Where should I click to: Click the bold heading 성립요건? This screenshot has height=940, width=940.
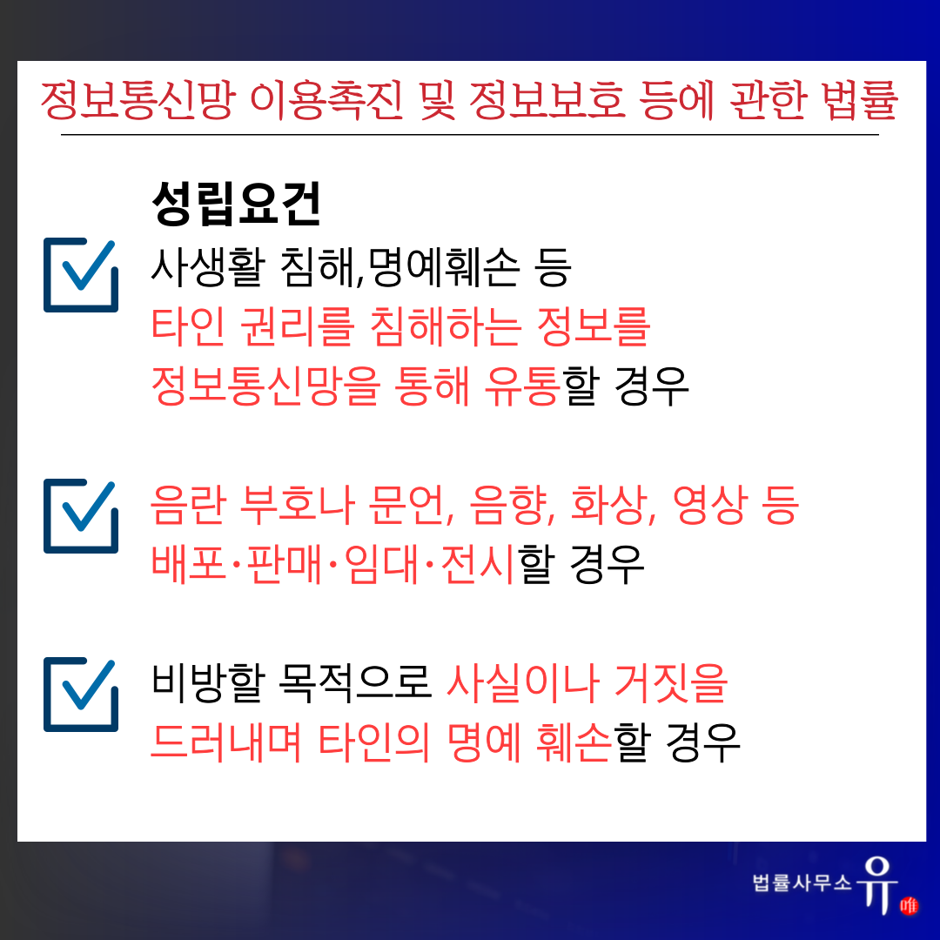click(x=237, y=204)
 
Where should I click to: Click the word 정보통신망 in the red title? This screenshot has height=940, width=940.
click(x=138, y=100)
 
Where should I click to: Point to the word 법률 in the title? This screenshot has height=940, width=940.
click(x=860, y=100)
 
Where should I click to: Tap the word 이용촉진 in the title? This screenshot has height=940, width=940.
click(x=326, y=100)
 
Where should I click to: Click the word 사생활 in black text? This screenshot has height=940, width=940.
click(x=208, y=266)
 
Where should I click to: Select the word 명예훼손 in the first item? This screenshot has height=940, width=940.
click(x=443, y=266)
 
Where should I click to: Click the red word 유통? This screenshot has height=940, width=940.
click(x=522, y=386)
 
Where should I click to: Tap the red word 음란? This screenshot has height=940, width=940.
click(x=188, y=505)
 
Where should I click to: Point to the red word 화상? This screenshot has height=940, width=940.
click(x=608, y=505)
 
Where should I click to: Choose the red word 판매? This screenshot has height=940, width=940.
click(x=284, y=564)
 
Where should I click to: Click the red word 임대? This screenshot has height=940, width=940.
click(x=381, y=564)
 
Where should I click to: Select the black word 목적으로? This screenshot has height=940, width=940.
click(x=355, y=683)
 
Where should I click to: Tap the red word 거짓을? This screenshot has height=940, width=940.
click(x=671, y=683)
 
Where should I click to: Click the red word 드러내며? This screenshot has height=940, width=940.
click(x=226, y=742)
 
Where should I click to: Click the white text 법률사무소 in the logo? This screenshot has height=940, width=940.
click(x=802, y=883)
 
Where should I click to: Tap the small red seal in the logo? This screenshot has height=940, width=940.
click(x=909, y=905)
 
